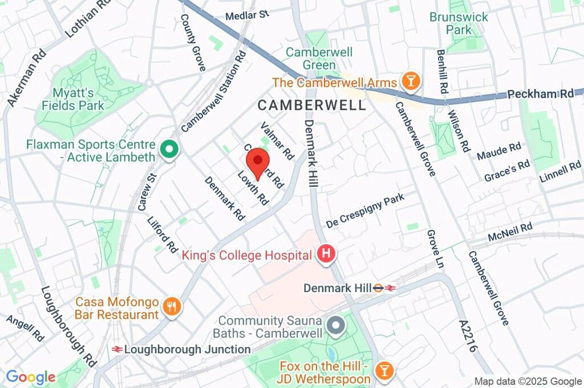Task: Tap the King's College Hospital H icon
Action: coord(326,255)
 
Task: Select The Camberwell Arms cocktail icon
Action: coord(409,82)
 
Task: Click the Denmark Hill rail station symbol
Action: coord(384,288)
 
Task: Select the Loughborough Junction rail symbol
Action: coord(117,349)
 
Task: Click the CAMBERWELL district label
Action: coord(311,105)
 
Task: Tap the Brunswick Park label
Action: coord(459,23)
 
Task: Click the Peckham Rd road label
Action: coord(540,94)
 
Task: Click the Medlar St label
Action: coord(247,15)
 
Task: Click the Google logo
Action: coord(30,377)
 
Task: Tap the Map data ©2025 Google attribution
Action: coord(528,381)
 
